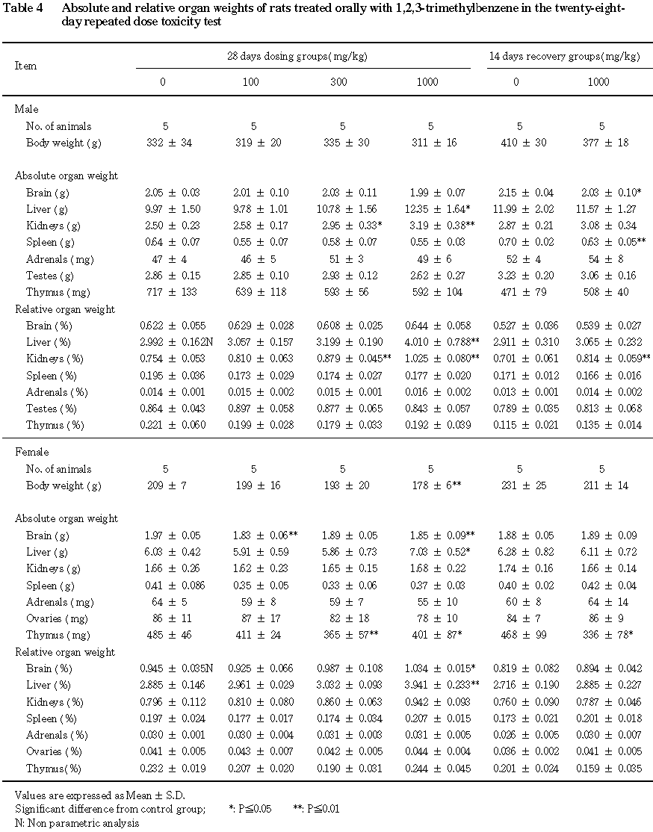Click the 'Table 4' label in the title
29,8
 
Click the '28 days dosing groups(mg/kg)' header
297,57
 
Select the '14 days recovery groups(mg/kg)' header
564,57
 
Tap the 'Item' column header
25,66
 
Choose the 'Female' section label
32,452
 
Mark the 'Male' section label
26,110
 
